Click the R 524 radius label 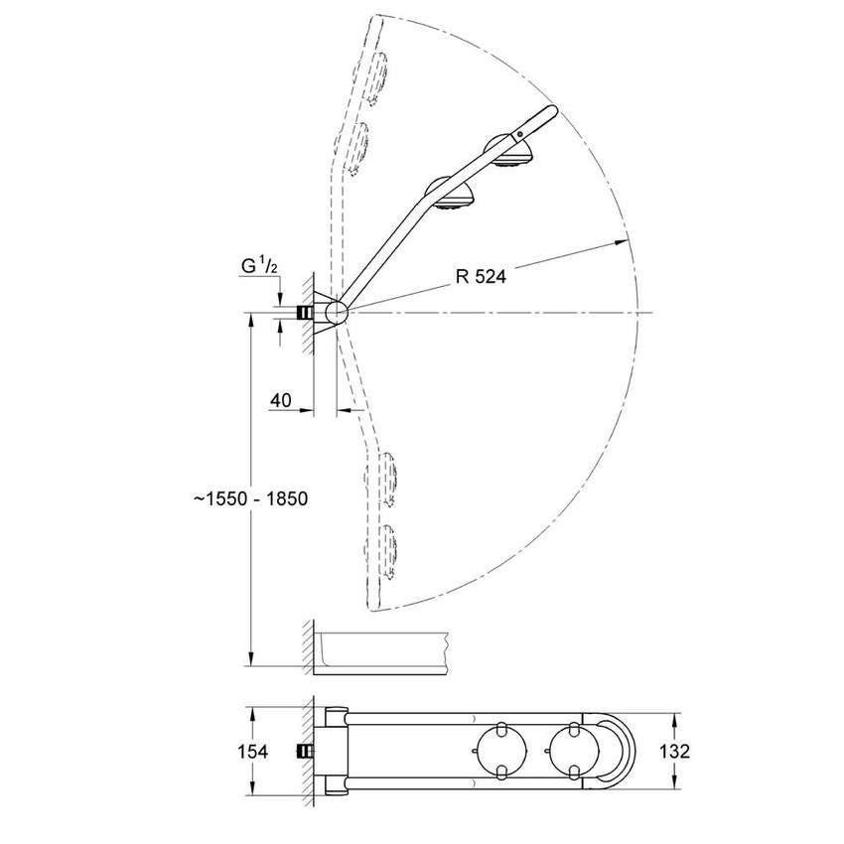481,277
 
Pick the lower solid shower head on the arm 452,197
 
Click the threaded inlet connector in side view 301,313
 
